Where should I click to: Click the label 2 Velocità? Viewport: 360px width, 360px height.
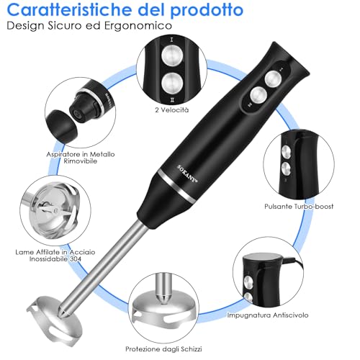point(171,109)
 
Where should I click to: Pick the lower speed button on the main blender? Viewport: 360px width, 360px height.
point(257,94)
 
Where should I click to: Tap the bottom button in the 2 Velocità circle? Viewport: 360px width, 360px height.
point(171,83)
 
